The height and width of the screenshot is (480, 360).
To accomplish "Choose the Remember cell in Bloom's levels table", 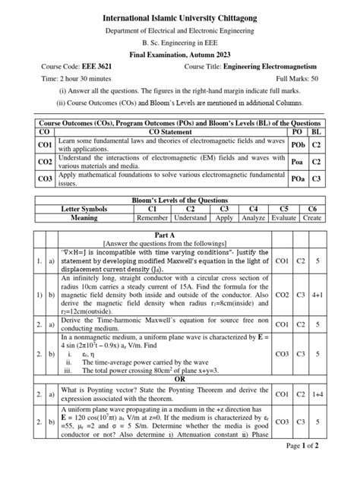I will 152,216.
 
